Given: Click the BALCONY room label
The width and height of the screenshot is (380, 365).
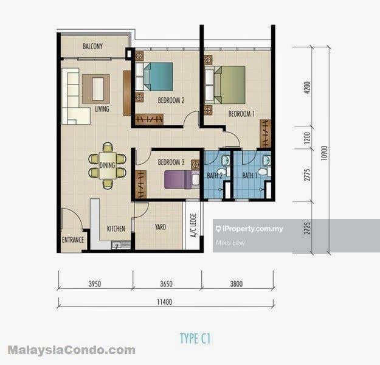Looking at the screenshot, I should [92, 46].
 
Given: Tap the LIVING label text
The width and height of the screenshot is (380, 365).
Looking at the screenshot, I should [102, 109].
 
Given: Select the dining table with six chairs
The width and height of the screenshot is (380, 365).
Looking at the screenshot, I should [107, 165].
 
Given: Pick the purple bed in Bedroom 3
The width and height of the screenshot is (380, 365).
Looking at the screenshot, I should [181, 179].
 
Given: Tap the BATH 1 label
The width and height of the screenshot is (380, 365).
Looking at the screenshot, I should [249, 176].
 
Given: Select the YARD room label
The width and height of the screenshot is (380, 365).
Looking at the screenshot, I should [160, 227].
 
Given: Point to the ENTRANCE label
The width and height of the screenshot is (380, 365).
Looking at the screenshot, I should [72, 240].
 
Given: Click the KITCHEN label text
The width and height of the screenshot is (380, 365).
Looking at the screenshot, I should [116, 229].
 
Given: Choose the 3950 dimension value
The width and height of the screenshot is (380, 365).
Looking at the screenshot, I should [96, 283].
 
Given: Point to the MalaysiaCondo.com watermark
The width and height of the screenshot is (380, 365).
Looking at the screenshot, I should [71, 350].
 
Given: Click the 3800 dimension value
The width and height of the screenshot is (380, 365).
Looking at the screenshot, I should [237, 283].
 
